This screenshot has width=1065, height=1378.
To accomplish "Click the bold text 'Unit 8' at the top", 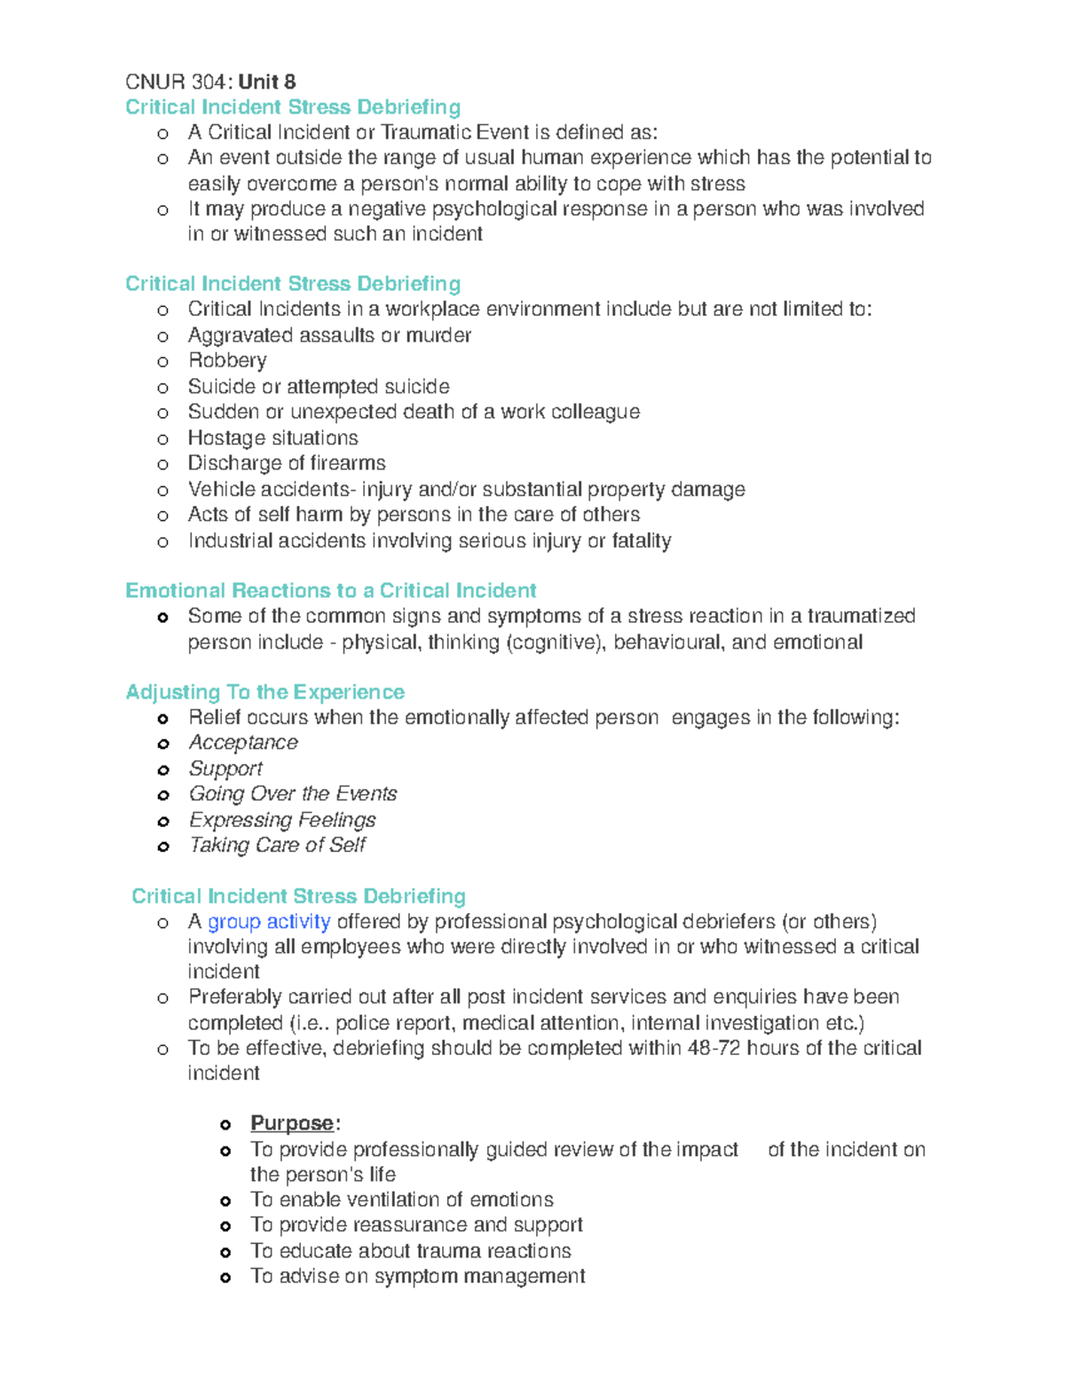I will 267,83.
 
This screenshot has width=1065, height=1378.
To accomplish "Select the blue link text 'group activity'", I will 269,922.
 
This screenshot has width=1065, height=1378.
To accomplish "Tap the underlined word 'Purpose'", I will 292,1123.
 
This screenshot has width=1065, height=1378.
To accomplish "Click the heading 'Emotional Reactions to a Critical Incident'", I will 330,591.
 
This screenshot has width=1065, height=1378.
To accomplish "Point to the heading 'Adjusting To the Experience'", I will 264,692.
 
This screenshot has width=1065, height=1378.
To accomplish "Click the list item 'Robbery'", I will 227,360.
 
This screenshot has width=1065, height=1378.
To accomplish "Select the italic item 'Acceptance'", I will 243,743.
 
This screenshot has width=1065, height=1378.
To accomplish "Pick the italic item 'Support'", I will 225,768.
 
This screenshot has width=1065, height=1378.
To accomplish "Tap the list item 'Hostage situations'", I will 272,438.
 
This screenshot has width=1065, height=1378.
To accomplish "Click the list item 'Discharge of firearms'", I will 287,463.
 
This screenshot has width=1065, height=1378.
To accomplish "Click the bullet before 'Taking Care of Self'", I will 163,846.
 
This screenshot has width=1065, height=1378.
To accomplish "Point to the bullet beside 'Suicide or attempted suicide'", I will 162,388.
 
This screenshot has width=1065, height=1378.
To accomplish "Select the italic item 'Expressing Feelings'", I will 282,820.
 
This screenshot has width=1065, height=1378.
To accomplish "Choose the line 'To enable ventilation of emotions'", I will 401,1200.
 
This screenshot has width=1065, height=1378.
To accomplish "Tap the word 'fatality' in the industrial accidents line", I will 641,541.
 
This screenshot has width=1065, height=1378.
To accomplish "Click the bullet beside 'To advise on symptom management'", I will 225,1278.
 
